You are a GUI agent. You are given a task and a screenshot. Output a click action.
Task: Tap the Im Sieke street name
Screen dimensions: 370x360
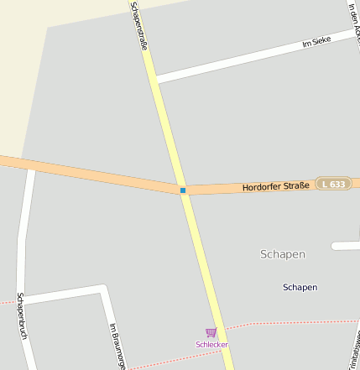(316, 40)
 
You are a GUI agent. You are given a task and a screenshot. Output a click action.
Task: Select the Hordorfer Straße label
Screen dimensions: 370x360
(275, 185)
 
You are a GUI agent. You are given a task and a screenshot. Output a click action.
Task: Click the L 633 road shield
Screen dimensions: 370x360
(333, 184)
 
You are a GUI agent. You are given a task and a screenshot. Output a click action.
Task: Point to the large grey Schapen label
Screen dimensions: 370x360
(283, 254)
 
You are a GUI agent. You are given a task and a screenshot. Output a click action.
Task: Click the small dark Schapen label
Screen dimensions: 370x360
(300, 287)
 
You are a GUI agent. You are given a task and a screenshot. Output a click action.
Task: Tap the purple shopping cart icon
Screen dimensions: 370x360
(211, 333)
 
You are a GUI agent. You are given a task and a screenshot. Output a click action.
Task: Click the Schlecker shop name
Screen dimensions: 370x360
(211, 345)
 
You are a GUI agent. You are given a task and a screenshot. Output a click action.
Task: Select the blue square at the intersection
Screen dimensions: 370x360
(183, 190)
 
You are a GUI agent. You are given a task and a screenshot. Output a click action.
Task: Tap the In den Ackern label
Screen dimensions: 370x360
(355, 21)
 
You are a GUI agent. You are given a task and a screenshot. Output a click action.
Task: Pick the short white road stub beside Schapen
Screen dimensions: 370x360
(346, 246)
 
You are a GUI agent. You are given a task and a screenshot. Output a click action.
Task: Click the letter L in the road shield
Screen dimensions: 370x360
(326, 184)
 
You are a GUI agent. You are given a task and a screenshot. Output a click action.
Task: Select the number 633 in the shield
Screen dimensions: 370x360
(337, 184)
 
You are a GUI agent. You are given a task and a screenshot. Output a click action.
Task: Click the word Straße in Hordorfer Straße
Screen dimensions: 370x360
(294, 185)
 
